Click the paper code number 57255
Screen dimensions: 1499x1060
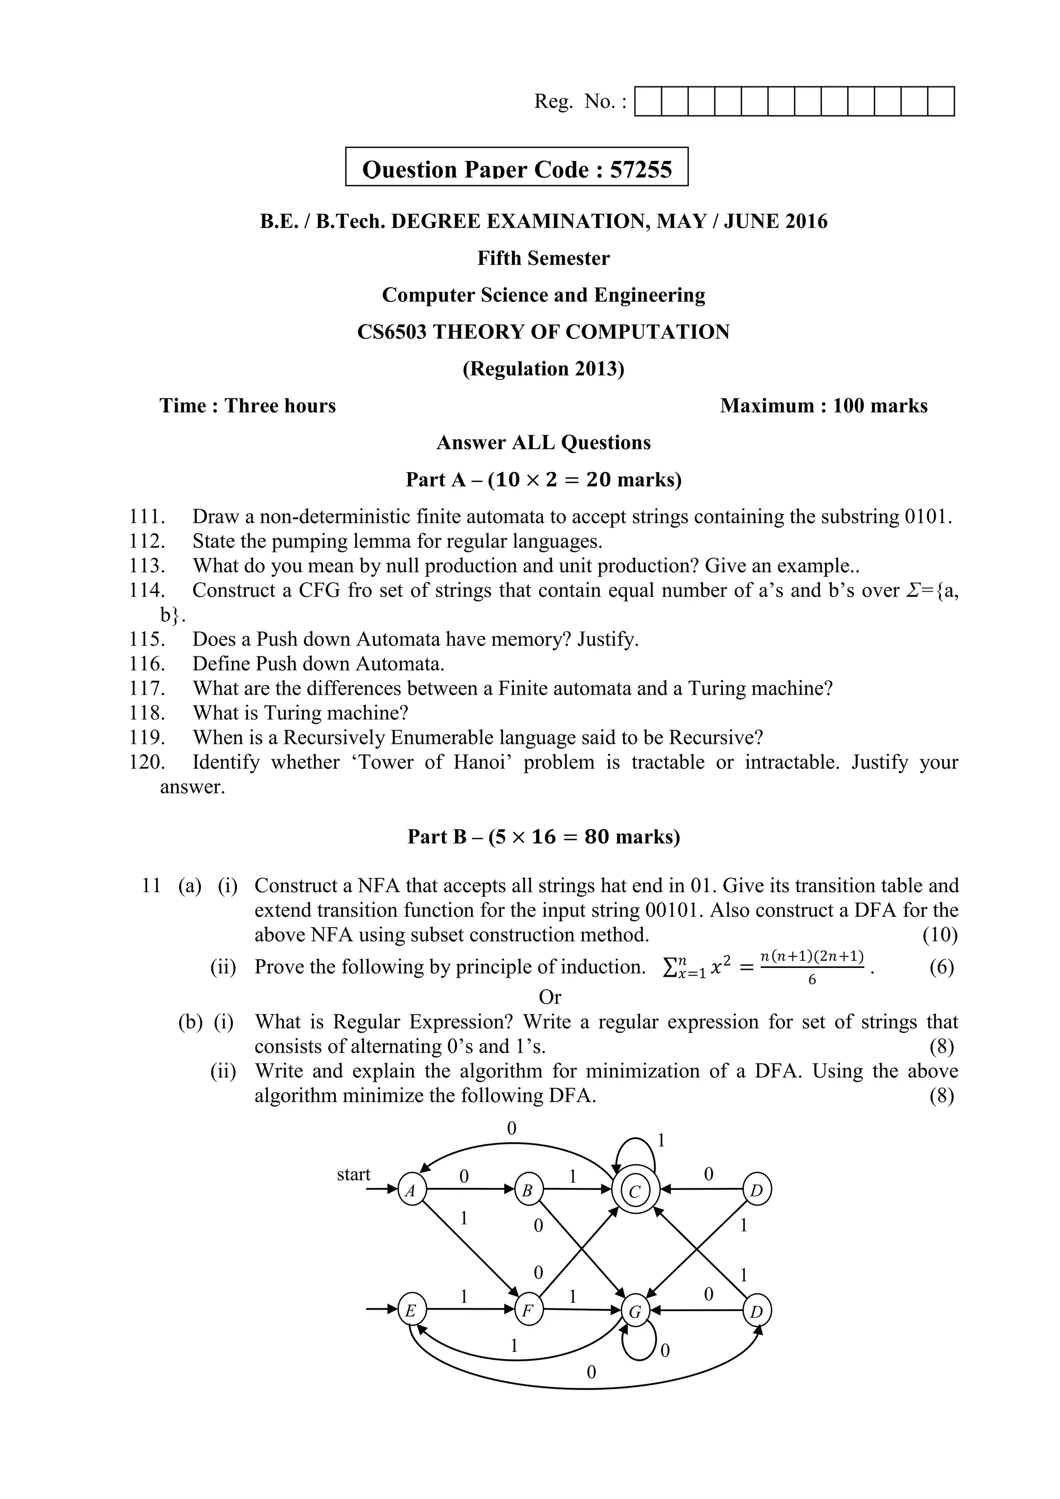click(640, 170)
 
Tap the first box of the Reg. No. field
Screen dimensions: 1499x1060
click(648, 102)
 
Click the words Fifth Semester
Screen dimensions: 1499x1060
click(543, 258)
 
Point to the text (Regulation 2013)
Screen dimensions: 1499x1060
click(543, 369)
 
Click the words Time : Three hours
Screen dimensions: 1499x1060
click(247, 406)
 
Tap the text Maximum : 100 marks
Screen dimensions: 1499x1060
click(823, 406)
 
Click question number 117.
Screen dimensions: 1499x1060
click(146, 688)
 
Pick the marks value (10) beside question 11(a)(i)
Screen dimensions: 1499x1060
click(940, 935)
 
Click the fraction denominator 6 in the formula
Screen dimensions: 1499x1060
click(812, 979)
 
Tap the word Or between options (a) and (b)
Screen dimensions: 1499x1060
click(550, 997)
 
